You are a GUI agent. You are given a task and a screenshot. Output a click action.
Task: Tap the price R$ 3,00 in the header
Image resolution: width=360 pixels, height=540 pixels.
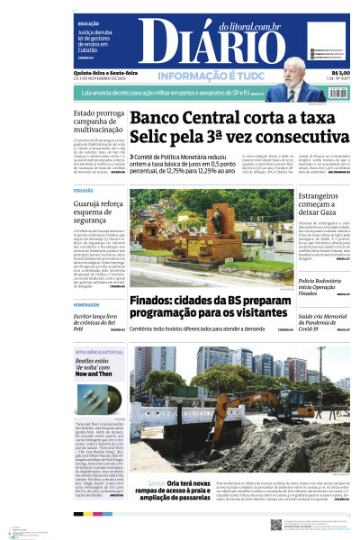point(340,73)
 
